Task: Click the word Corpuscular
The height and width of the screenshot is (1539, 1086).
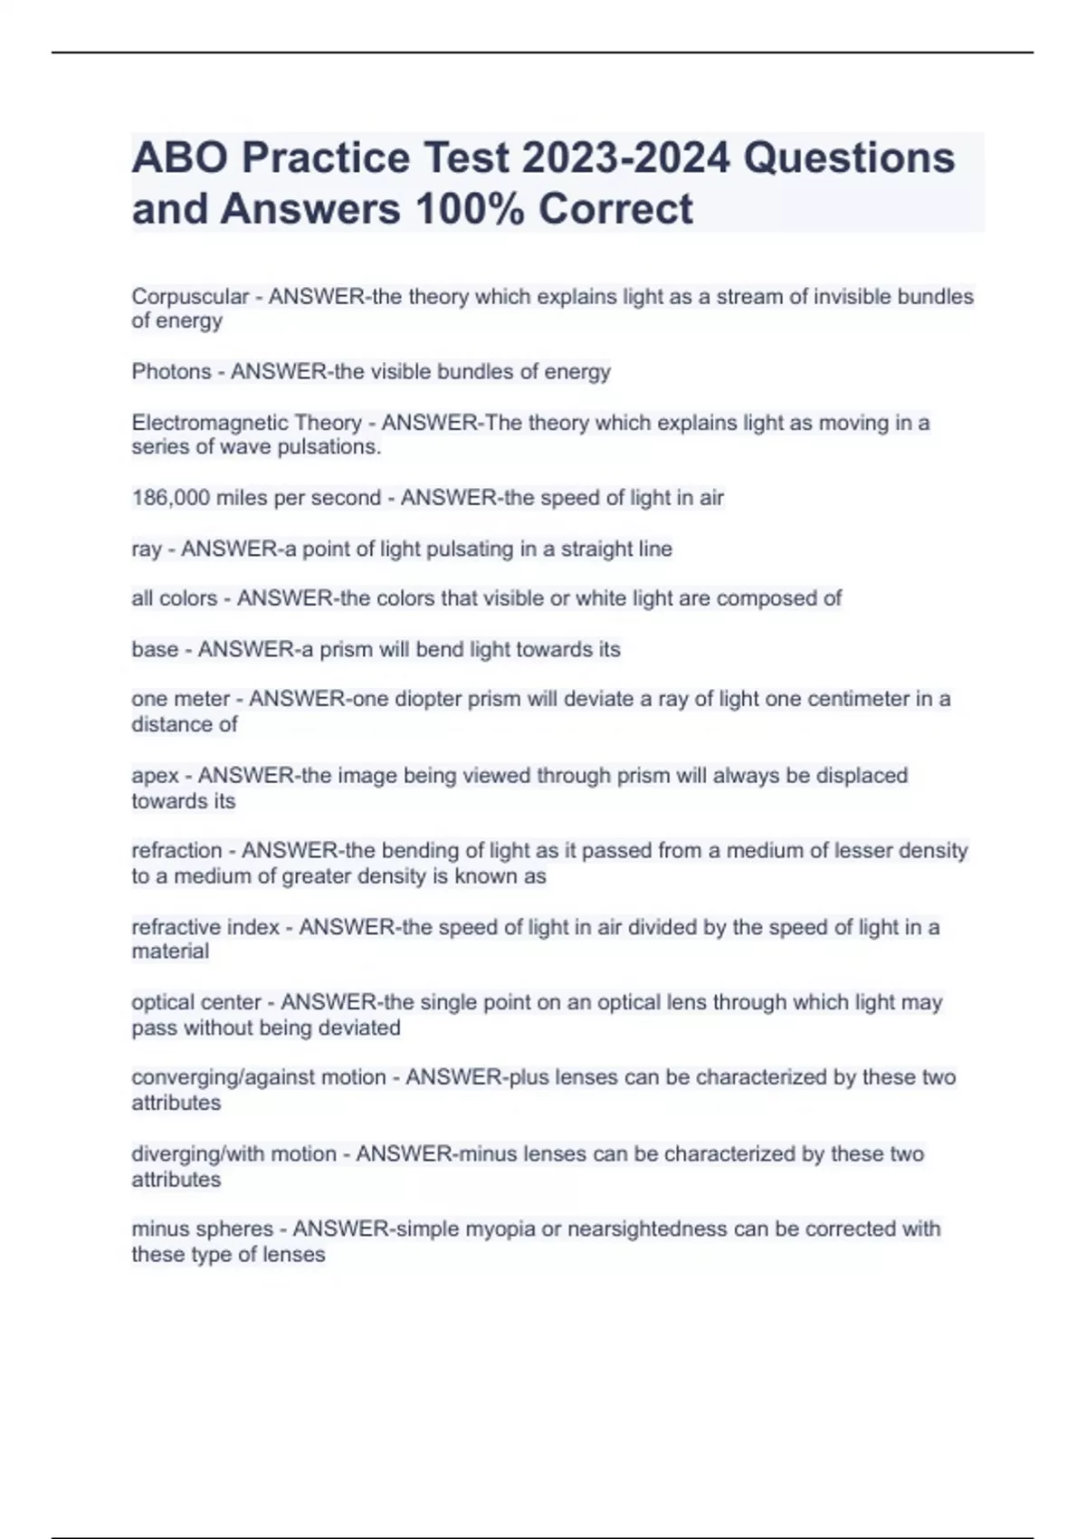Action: coord(190,297)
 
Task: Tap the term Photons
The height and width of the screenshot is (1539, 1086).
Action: coord(171,372)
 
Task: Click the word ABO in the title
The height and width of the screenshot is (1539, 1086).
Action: coord(180,158)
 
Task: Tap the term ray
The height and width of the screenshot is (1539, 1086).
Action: coord(146,550)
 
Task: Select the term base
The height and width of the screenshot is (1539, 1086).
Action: coord(155,650)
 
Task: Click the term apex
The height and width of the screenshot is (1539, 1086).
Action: coord(155,777)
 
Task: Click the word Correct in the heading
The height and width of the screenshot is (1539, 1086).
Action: coord(615,209)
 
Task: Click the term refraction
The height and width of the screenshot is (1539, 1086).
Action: coord(176,851)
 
